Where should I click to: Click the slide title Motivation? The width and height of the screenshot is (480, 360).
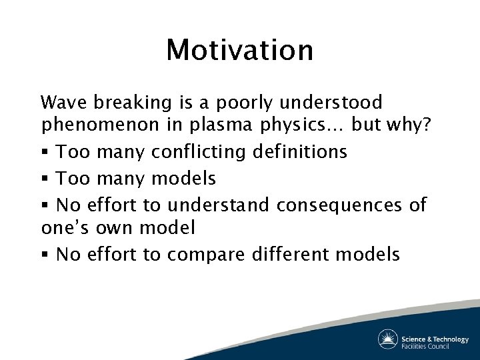tap(240, 50)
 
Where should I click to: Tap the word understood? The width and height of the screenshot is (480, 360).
tap(331, 102)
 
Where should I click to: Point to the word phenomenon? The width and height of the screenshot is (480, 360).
tap(101, 125)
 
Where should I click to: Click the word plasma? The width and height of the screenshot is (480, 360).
tap(221, 125)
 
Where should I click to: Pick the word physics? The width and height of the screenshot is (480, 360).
tap(293, 125)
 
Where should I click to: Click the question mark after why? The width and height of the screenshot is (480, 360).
tap(426, 124)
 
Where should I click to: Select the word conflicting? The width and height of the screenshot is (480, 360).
tap(199, 152)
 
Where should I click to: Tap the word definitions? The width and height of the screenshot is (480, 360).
tap(300, 151)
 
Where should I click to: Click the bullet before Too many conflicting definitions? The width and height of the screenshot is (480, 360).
tap(45, 151)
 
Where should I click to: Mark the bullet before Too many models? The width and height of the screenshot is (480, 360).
tap(45, 178)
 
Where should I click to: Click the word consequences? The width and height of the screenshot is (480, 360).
tap(339, 205)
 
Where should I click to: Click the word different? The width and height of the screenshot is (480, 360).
tap(290, 254)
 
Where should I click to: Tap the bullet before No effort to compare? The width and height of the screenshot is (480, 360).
tap(45, 254)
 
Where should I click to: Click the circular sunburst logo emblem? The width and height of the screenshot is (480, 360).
tap(388, 339)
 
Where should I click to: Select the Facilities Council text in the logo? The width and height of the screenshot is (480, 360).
tap(425, 346)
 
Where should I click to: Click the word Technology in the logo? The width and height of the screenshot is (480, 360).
tap(451, 339)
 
